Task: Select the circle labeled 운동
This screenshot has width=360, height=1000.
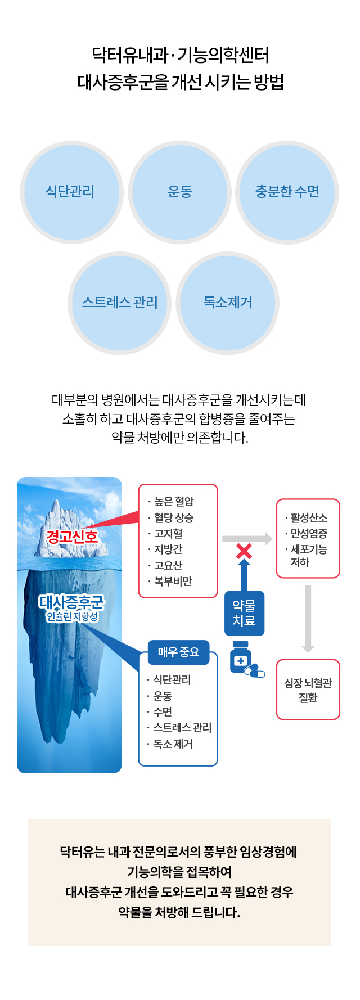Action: click(179, 192)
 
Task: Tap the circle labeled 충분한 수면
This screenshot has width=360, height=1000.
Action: click(287, 192)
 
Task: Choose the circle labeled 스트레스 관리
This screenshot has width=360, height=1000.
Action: click(120, 303)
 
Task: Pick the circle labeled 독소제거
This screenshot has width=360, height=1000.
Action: click(228, 303)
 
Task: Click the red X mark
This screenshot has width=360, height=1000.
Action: click(244, 551)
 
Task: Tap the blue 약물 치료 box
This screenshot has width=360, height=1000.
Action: click(244, 613)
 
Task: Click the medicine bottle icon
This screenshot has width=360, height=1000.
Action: click(241, 657)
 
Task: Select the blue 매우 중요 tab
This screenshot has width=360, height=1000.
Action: click(178, 652)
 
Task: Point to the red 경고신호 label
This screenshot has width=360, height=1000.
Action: click(72, 536)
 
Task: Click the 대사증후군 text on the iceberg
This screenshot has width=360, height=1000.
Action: click(71, 602)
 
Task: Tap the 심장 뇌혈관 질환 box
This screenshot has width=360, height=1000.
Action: click(308, 690)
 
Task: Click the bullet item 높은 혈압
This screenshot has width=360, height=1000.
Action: click(171, 501)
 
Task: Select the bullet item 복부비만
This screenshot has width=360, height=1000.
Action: click(170, 581)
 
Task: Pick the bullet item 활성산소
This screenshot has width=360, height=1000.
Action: click(306, 517)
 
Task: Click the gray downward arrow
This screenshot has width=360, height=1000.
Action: click(308, 619)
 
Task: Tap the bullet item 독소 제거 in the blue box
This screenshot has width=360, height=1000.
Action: click(170, 744)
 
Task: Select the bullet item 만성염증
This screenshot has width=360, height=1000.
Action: click(306, 533)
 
